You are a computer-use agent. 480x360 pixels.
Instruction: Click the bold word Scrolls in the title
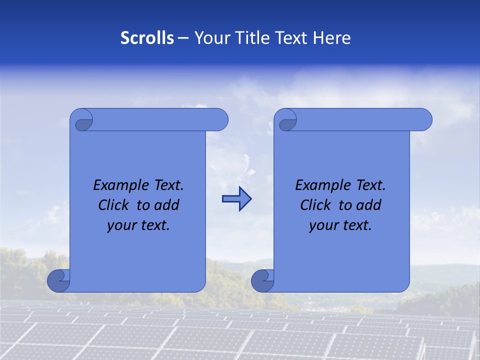147,38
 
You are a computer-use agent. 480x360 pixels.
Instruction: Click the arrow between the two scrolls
236,199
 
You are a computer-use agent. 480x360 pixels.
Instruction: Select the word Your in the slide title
210,38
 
